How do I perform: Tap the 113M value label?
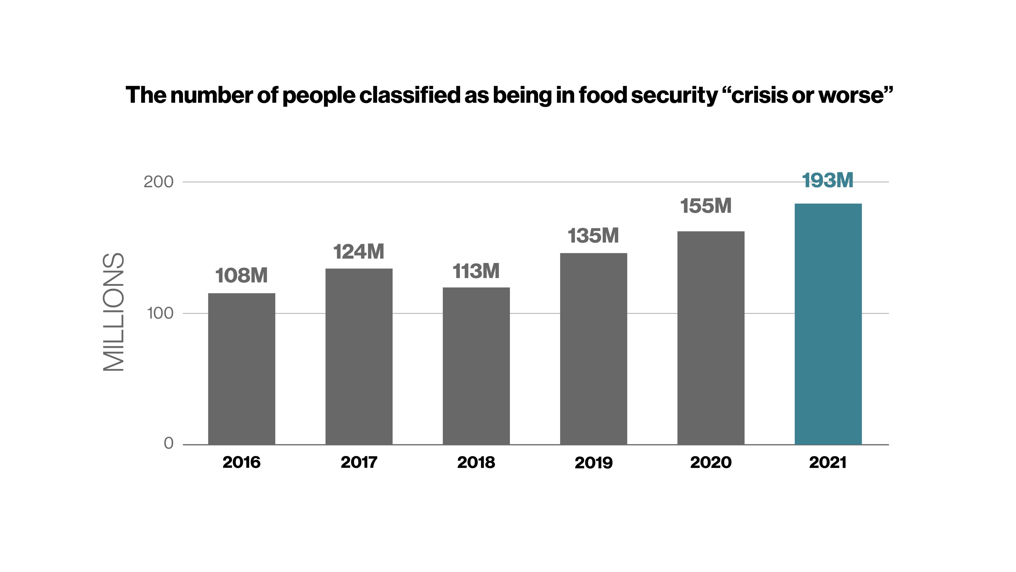[476, 271]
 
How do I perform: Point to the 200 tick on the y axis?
[159, 182]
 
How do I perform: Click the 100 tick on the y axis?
[160, 314]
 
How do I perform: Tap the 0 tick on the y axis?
[169, 443]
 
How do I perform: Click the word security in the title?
[674, 96]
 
